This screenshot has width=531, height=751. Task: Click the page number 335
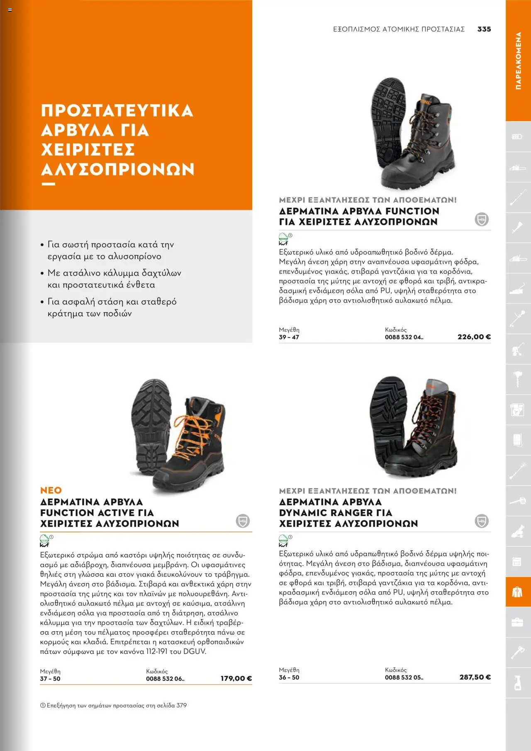point(484,29)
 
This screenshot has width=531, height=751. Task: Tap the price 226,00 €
point(474,337)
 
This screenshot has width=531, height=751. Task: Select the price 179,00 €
point(236,678)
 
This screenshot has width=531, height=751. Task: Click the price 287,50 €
point(475,677)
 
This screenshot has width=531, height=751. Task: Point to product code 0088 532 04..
point(404,337)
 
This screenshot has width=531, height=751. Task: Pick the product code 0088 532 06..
point(165,679)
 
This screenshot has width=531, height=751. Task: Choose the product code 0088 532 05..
point(404,678)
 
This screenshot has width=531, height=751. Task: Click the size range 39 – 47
point(289,337)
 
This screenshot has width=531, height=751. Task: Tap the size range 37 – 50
point(50,679)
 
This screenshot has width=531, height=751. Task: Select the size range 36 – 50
point(289,678)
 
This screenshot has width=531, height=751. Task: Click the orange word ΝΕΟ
point(51,490)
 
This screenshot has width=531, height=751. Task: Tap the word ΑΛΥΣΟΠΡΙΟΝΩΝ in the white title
point(118,169)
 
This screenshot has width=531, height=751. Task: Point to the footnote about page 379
point(113,705)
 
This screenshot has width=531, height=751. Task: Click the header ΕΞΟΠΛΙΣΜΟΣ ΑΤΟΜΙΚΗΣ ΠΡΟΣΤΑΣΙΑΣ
point(399,29)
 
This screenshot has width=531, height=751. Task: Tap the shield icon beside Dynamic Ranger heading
point(481,521)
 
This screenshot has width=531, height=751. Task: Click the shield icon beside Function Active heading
point(243,521)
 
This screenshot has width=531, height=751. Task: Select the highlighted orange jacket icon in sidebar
point(517,592)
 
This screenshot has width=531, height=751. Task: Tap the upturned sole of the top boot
point(388,112)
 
